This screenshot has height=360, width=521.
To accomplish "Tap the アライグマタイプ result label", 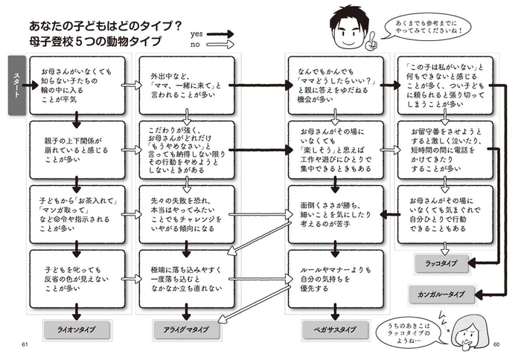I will (x=183, y=328).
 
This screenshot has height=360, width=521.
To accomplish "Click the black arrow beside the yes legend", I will (x=220, y=33).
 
